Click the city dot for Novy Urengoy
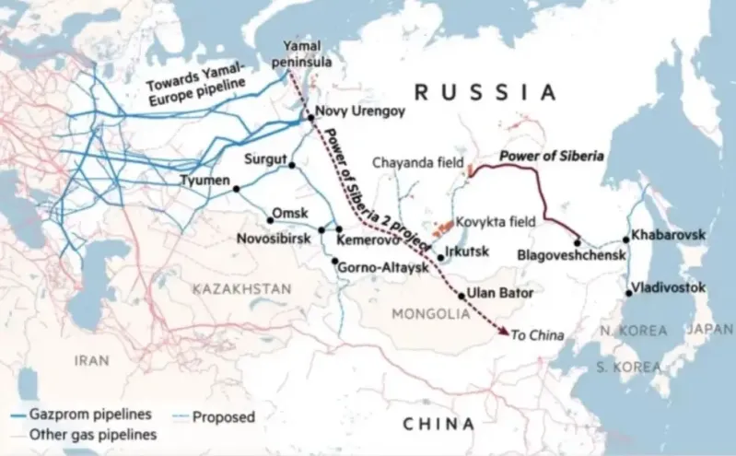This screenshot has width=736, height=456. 310,118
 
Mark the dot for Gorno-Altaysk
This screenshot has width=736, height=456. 333,261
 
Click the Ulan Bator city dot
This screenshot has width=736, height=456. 461,295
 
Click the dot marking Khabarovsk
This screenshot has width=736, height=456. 626,240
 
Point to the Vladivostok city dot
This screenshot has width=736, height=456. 629,293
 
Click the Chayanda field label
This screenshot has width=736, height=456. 415,162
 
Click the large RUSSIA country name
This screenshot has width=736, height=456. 485,91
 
